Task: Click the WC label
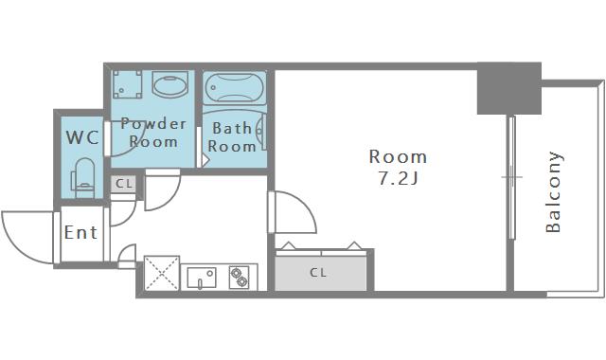(x=82, y=137)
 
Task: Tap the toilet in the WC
(x=82, y=178)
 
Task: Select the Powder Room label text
(x=153, y=133)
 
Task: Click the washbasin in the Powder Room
(x=170, y=84)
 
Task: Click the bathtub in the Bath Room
(x=235, y=87)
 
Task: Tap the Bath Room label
(x=232, y=136)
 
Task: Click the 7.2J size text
(x=398, y=178)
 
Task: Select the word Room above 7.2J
(x=398, y=156)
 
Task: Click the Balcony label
(x=553, y=191)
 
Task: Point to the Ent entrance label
(x=80, y=232)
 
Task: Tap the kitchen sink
(x=202, y=278)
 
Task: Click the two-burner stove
(x=239, y=278)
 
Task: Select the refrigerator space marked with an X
(x=162, y=273)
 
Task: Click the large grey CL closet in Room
(x=321, y=273)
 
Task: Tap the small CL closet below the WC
(x=124, y=183)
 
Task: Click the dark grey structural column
(x=509, y=88)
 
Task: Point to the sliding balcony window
(x=511, y=177)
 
